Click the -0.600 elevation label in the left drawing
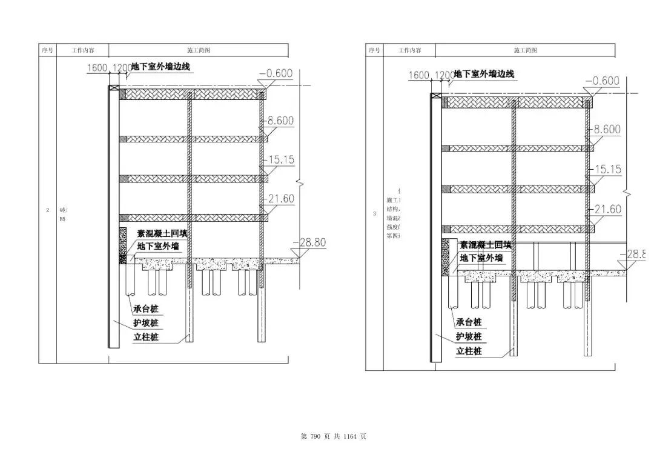tap(276, 74)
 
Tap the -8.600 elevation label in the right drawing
tap(607, 129)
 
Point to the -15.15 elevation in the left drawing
tap(280, 159)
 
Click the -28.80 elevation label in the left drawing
tap(309, 242)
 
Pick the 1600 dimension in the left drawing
tap(97, 68)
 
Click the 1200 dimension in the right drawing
tap(444, 75)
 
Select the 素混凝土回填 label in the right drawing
tap(485, 245)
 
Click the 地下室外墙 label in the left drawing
tap(158, 246)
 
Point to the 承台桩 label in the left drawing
tap(146, 309)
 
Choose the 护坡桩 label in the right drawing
tap(469, 336)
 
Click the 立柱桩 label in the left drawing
tap(146, 337)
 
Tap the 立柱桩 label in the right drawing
tap(469, 351)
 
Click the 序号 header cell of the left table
tap(47, 50)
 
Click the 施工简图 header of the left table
tap(199, 50)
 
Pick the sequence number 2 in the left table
tap(47, 210)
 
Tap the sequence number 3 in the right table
tap(374, 213)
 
